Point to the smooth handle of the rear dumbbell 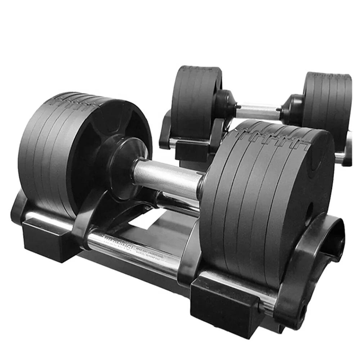[257, 111]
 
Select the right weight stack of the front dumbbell [263, 194]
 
